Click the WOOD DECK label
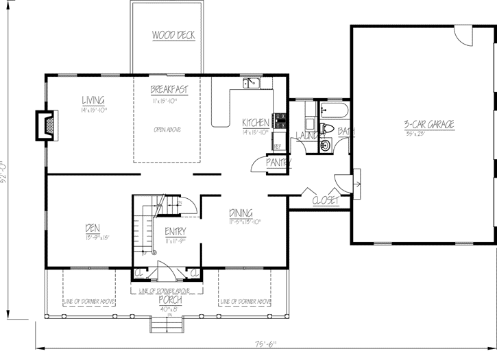[x=167, y=34]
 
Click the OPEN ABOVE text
[x=167, y=129]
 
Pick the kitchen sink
[x=250, y=84]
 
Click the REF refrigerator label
[x=278, y=146]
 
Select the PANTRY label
[x=279, y=163]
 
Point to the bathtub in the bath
[x=336, y=110]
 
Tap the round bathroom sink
[x=325, y=145]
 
